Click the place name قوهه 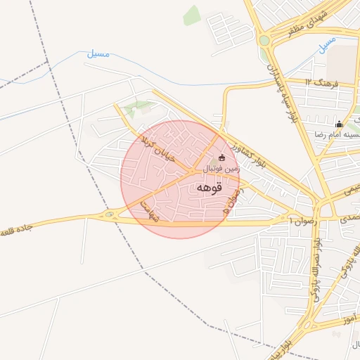(x=210, y=188)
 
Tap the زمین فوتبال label (x=221, y=169)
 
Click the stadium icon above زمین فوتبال (x=223, y=157)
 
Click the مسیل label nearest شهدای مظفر (x=327, y=46)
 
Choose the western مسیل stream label (x=99, y=53)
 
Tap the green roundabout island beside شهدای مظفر (x=264, y=40)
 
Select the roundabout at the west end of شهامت (x=110, y=214)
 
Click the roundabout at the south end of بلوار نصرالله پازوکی (x=307, y=325)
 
